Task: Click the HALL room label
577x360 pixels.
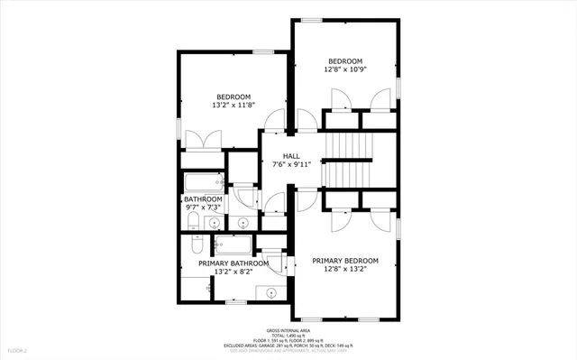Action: (x=291, y=156)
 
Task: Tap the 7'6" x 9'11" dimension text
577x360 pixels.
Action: (x=291, y=165)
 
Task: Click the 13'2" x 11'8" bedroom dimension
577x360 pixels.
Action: (x=233, y=106)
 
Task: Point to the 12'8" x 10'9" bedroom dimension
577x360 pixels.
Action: (x=344, y=69)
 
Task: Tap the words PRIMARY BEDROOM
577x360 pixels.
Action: (x=345, y=261)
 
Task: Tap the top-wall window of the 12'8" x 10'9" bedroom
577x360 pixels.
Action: (x=312, y=20)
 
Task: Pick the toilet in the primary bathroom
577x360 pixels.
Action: (x=197, y=246)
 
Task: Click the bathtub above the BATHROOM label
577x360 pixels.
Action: (x=201, y=181)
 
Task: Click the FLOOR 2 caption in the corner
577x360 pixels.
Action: (x=17, y=349)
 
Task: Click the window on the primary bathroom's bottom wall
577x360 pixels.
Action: (x=237, y=301)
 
